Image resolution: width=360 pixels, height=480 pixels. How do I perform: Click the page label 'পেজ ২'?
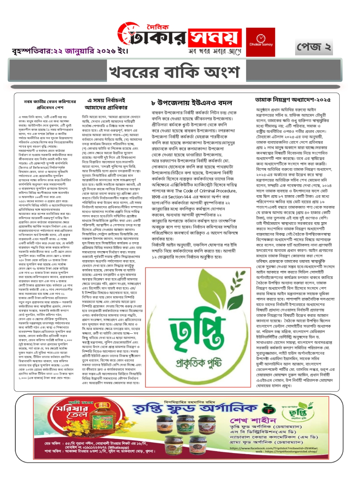tap(313, 47)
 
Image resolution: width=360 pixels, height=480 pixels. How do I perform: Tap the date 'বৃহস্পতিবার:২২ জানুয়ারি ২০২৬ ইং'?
tap(70, 51)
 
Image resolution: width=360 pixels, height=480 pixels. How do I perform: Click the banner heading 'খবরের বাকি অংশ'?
tap(174, 72)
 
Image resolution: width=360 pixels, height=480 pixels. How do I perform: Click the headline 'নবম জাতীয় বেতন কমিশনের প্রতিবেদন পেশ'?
tap(49, 104)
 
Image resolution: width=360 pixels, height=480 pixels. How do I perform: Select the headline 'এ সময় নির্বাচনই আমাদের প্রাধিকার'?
tap(106, 104)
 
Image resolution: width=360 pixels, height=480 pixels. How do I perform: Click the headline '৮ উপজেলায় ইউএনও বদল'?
tap(192, 103)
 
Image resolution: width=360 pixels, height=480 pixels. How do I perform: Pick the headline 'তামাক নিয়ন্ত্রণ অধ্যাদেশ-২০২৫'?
tap(292, 100)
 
